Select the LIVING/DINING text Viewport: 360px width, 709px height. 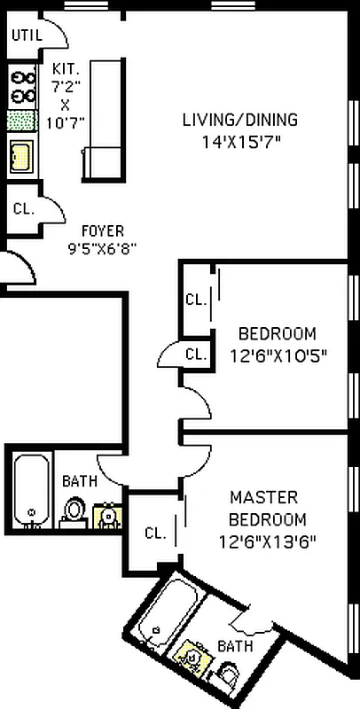tap(239, 121)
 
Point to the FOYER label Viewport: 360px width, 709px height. tap(102, 231)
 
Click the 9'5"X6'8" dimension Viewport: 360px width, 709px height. tap(102, 249)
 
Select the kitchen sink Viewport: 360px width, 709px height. tap(20, 156)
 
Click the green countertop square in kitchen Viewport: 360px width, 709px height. tap(20, 121)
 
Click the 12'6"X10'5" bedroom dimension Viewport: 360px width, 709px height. tap(278, 357)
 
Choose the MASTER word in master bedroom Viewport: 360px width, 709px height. tap(263, 497)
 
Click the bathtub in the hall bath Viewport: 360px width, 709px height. tap(32, 489)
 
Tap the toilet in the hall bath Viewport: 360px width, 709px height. tap(74, 510)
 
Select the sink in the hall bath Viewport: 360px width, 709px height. tap(107, 515)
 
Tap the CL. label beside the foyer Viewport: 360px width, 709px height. tap(24, 210)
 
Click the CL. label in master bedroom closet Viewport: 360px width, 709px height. tap(156, 534)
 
